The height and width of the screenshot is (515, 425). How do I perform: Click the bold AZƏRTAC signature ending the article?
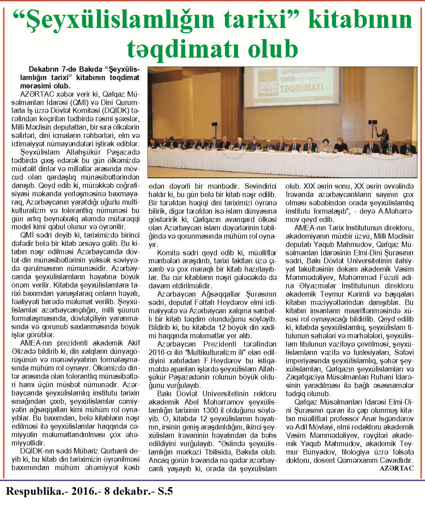click(x=397, y=468)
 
